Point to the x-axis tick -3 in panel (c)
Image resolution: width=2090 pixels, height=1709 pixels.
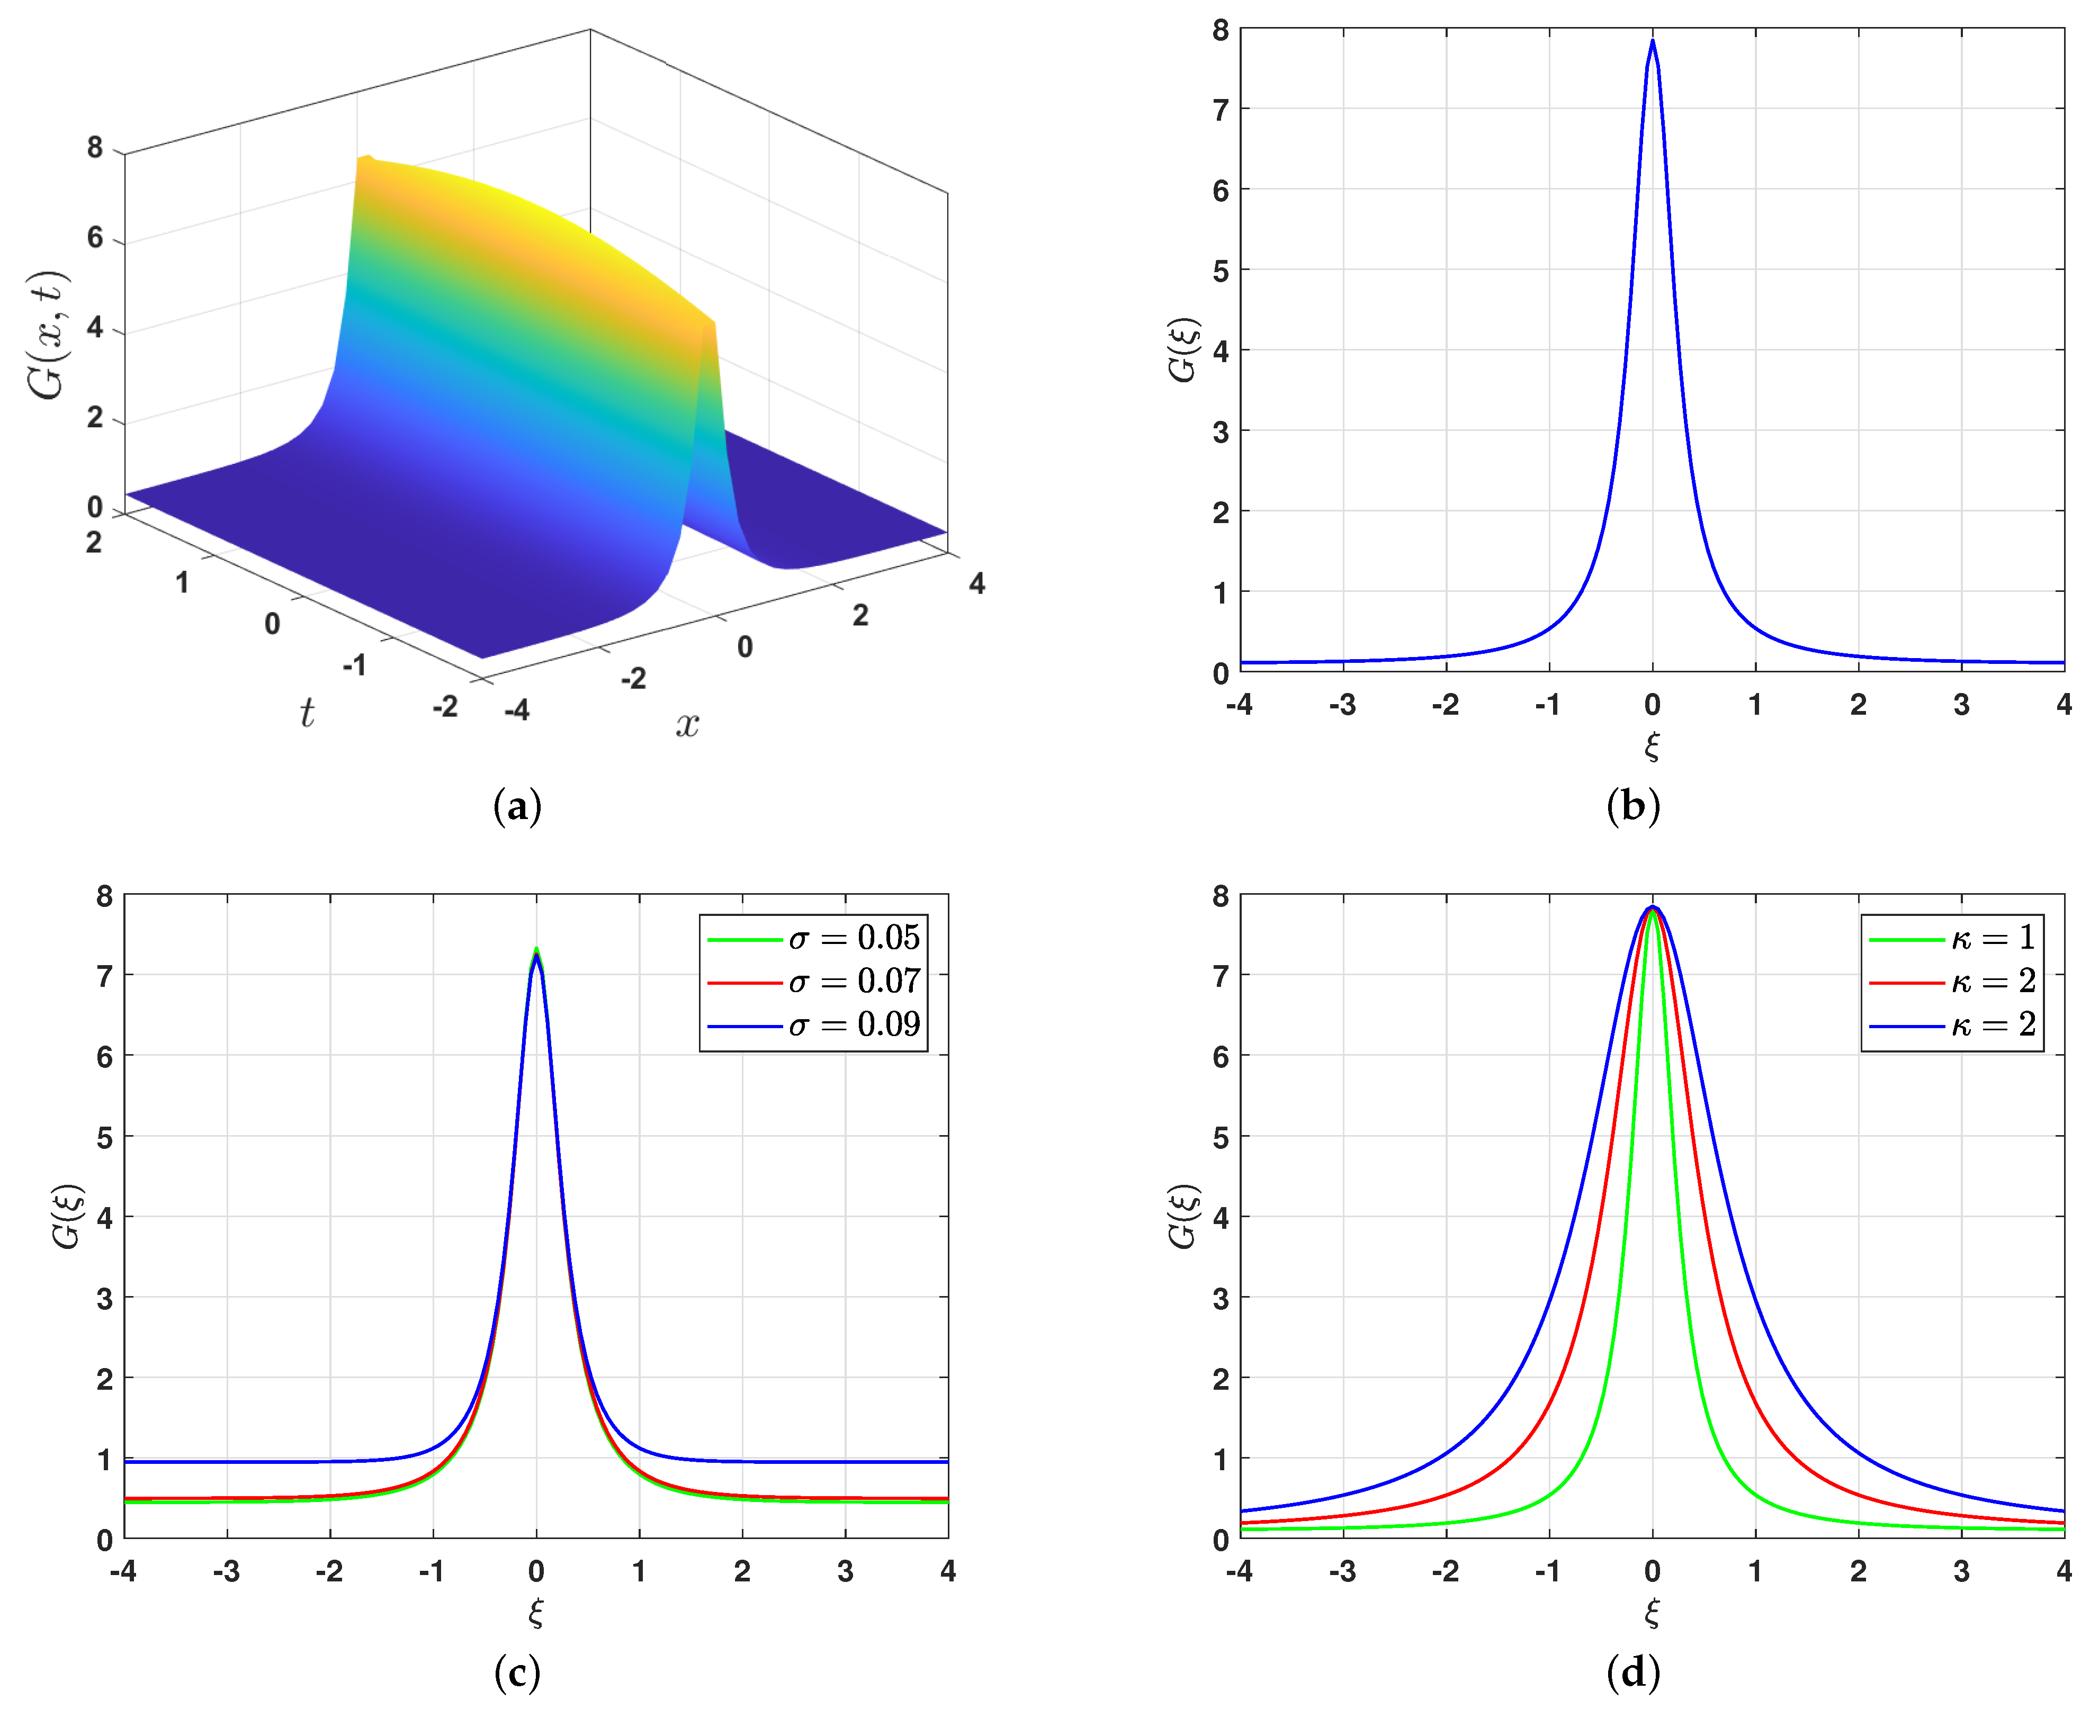(227, 1571)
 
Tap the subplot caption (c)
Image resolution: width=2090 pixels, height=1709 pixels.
(517, 1671)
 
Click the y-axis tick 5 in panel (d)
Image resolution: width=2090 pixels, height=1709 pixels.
(1221, 1137)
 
